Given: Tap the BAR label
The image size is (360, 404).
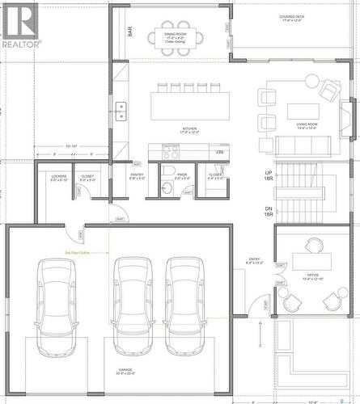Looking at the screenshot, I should point(129,32).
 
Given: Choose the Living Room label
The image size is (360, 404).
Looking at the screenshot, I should point(307,125).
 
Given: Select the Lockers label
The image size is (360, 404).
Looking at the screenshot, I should point(58,177).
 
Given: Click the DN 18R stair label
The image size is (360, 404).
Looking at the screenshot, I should point(269,211).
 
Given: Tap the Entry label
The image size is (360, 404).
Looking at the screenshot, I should point(254,261).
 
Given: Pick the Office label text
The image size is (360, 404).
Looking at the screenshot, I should point(312,276).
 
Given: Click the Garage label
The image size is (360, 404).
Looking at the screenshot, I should point(126,371).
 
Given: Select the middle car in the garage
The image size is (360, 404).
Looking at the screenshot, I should point(133,307).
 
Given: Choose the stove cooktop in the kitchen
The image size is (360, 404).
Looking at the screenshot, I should point(171,149).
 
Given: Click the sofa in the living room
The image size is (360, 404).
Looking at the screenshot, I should point(303,145).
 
